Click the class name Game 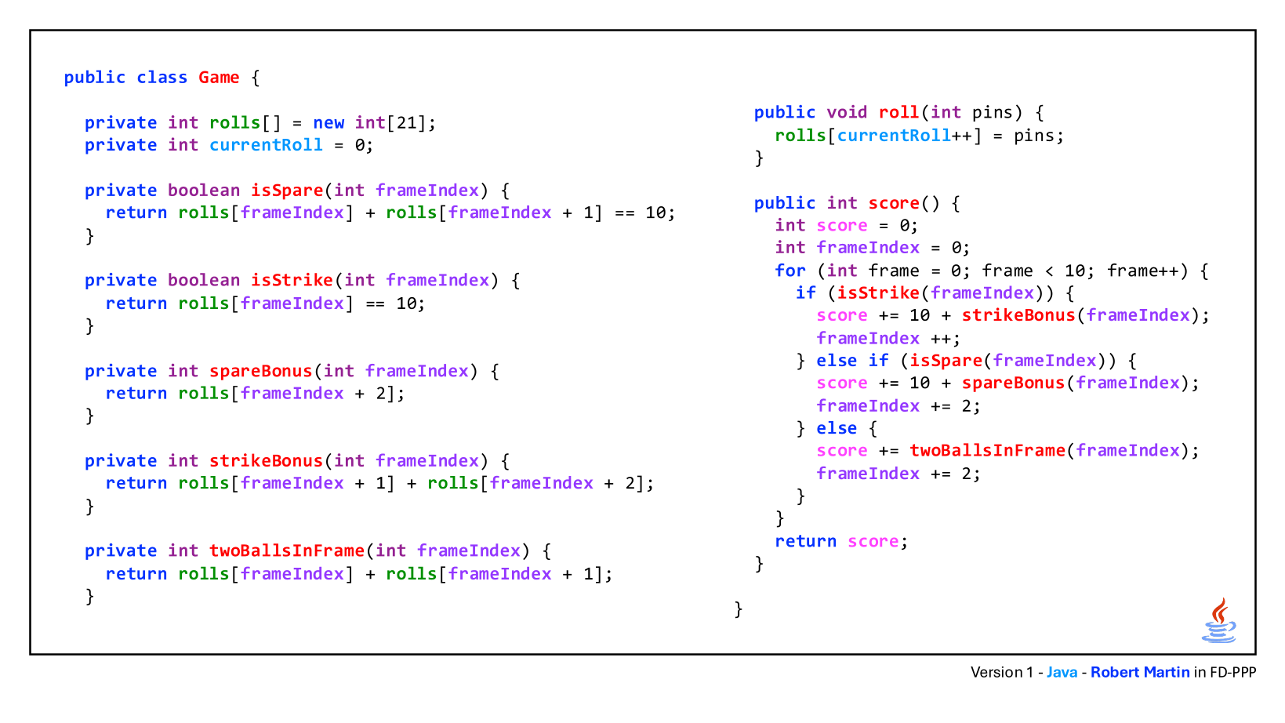[x=219, y=78]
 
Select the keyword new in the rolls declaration [x=329, y=123]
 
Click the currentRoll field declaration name [x=266, y=145]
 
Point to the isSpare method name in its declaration [x=287, y=191]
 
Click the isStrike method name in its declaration [x=292, y=281]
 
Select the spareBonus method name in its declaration [x=260, y=371]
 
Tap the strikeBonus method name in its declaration [x=266, y=461]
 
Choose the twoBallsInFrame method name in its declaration [x=287, y=550]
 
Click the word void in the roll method [x=847, y=112]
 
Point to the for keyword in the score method [x=790, y=271]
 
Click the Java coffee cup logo [x=1218, y=620]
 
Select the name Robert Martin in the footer [x=1140, y=673]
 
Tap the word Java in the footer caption [x=1062, y=673]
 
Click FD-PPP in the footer [x=1233, y=673]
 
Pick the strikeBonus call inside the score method [x=1018, y=315]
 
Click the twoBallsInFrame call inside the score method [x=987, y=451]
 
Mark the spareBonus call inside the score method [x=1013, y=383]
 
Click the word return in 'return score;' [x=805, y=541]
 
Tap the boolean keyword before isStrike [x=204, y=281]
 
